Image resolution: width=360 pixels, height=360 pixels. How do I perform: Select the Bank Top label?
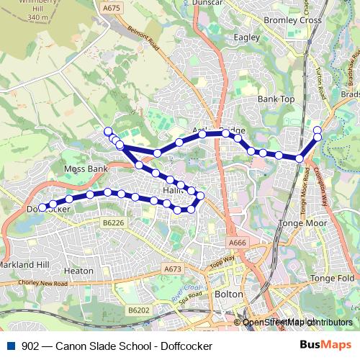click(x=276, y=99)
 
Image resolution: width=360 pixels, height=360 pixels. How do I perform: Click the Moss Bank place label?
click(x=86, y=168)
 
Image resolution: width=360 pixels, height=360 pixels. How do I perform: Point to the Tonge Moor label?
click(x=307, y=223)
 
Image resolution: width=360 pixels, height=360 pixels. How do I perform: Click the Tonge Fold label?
click(x=332, y=278)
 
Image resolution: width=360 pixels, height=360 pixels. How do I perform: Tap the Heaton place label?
click(x=78, y=271)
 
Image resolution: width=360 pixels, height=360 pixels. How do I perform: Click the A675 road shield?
click(x=112, y=8)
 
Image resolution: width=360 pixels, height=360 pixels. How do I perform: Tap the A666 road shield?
click(x=238, y=243)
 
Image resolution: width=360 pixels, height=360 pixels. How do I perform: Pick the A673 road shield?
click(x=173, y=269)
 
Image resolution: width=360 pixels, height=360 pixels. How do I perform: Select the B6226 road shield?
click(x=113, y=224)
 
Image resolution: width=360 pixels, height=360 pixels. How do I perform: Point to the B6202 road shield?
click(x=139, y=310)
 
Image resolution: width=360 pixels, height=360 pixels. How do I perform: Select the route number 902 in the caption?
click(x=30, y=346)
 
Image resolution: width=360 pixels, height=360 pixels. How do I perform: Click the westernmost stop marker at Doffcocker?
click(x=42, y=207)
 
